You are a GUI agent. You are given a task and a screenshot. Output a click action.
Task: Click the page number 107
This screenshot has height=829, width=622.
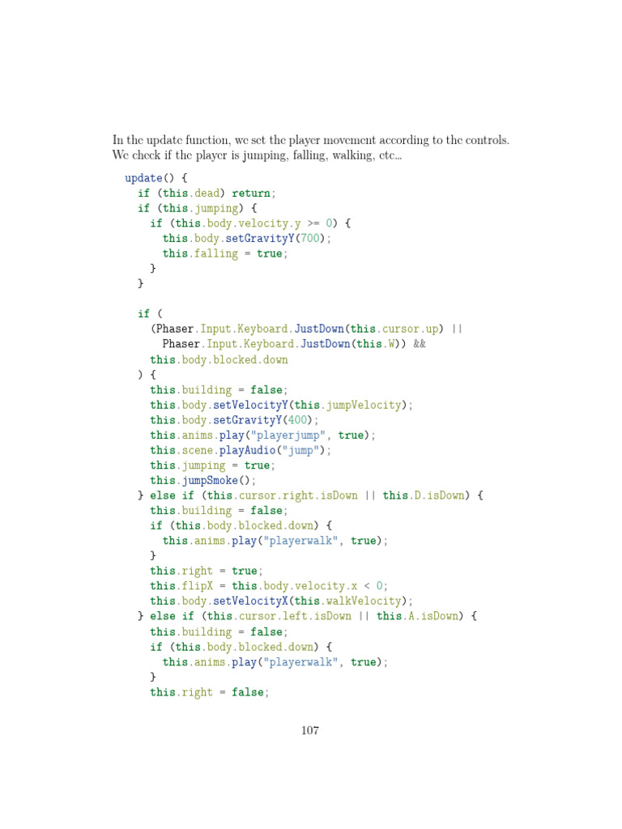[310, 730]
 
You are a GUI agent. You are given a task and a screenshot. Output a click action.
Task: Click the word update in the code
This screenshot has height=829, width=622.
[143, 178]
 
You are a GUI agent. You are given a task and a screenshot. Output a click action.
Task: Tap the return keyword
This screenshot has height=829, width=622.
[251, 193]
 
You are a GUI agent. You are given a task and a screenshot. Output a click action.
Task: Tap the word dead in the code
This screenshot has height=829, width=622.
[210, 193]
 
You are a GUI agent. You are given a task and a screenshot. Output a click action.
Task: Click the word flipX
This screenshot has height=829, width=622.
[198, 586]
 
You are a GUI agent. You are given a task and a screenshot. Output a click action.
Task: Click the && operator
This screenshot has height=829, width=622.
[420, 344]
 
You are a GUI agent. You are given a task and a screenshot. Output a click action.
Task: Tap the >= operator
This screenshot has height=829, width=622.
[313, 223]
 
